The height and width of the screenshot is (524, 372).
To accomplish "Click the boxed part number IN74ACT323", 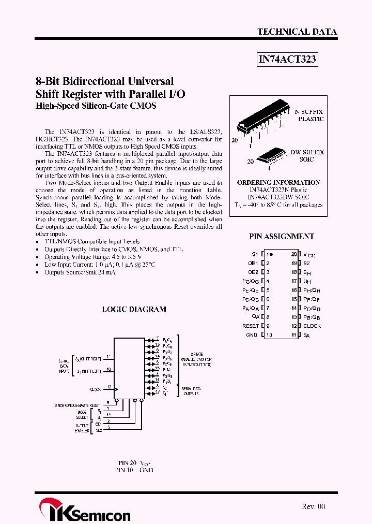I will (x=287, y=60).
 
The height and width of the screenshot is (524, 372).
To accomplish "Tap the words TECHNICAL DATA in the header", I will (x=297, y=32).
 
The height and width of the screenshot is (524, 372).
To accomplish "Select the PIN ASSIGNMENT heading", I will (x=282, y=236).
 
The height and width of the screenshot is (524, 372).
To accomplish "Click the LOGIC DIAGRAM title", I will (x=134, y=309).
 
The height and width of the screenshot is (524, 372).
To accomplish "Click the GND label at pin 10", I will (x=252, y=335).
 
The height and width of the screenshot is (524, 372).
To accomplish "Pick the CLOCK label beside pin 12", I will (x=312, y=326).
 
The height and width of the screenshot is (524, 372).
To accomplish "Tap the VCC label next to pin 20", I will (x=309, y=255).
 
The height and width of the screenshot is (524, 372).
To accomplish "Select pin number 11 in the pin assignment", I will (x=293, y=335).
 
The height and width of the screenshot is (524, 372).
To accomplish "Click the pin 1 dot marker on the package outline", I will (x=272, y=255).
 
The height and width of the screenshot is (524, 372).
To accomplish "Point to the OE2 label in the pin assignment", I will (x=253, y=272).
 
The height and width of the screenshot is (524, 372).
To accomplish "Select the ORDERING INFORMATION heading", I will (x=278, y=183).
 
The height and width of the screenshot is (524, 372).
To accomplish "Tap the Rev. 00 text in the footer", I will (x=313, y=506).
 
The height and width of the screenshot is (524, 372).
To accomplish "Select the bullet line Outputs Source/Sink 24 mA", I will (x=80, y=272).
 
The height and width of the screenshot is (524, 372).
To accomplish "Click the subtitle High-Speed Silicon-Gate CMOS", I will (x=96, y=106).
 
